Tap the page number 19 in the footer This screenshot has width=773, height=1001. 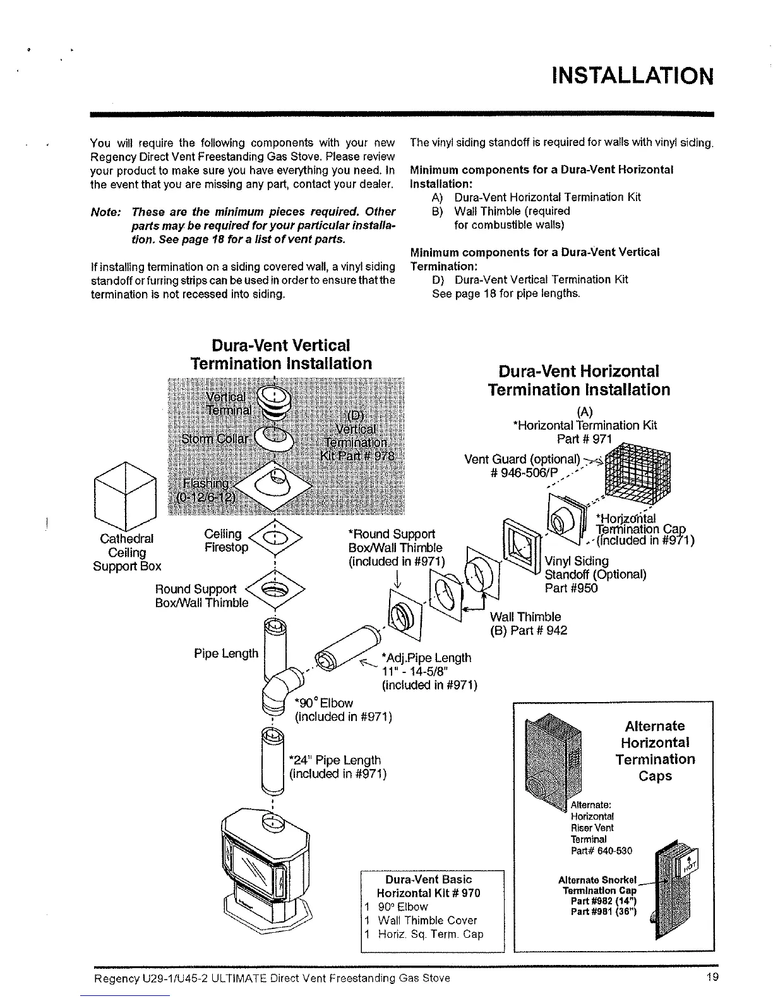tap(713, 978)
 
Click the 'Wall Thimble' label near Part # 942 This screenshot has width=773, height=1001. tap(525, 616)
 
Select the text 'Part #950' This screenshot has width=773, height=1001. tap(571, 588)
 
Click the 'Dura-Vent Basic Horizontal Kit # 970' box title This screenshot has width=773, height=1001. tap(428, 886)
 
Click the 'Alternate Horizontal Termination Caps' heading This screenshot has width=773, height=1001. tap(654, 751)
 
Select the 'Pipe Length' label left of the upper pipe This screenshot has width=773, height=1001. tap(226, 653)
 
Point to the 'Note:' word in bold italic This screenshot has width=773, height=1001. tap(105, 211)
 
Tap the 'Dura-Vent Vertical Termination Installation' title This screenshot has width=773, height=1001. tap(281, 355)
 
